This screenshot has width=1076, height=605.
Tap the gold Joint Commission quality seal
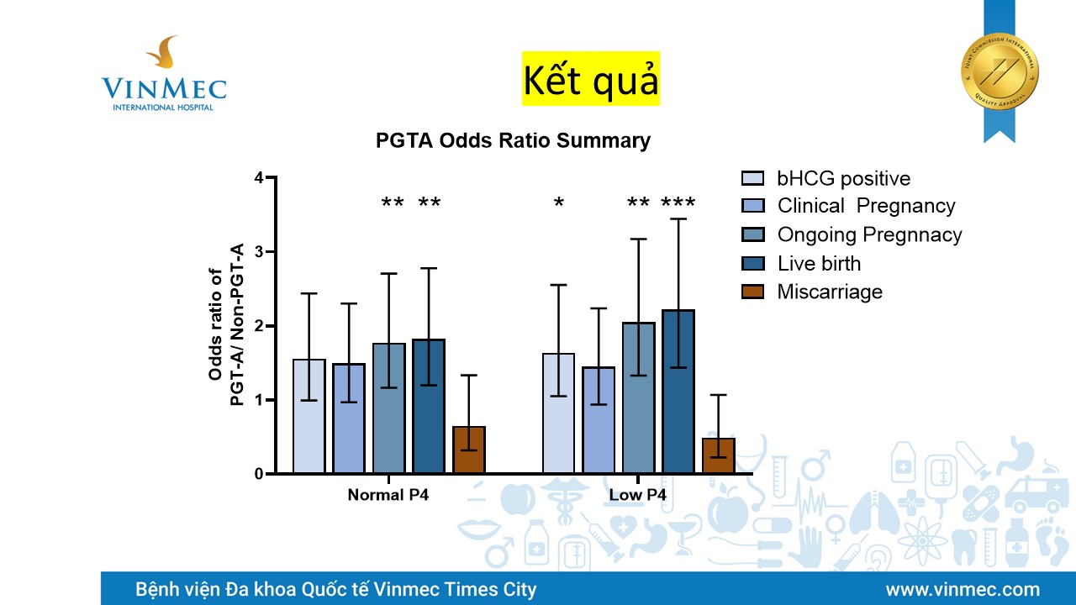1000,71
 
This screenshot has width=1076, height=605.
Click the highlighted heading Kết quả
590,79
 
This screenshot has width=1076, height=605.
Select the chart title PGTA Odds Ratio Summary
513,141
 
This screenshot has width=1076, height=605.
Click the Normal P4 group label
388,495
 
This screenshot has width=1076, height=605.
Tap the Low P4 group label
637,495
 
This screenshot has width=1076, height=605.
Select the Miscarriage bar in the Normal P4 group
469,450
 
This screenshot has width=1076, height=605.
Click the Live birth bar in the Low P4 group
678,392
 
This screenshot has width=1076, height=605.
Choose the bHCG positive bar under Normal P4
309,417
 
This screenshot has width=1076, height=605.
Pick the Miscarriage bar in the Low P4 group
719,456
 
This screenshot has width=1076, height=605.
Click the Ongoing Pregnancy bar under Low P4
638,398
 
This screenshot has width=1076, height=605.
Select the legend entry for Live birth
818,264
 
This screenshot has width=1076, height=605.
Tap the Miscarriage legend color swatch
752,292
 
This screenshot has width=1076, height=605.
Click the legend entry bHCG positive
843,179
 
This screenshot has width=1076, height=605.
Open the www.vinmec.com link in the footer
963,589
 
